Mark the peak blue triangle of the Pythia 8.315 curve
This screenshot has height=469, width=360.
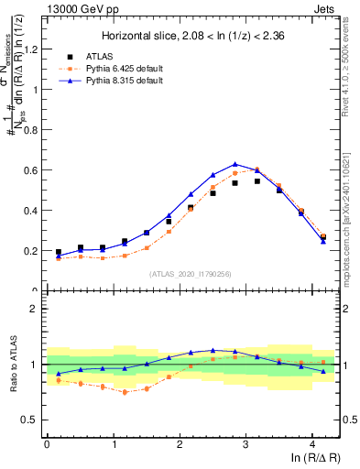tap(235, 164)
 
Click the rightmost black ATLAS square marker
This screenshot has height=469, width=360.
tap(323, 237)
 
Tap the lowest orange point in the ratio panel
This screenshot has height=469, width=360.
tap(125, 392)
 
